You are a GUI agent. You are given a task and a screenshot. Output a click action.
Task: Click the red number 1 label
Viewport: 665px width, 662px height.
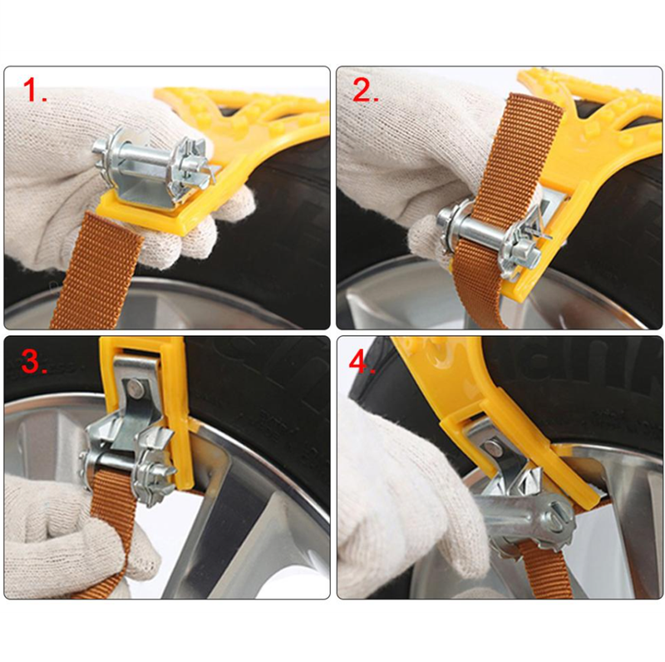click(x=35, y=91)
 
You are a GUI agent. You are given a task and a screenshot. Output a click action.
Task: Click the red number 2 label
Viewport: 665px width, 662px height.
click(x=365, y=91)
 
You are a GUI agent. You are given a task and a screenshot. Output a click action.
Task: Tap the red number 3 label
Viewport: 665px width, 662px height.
click(x=34, y=361)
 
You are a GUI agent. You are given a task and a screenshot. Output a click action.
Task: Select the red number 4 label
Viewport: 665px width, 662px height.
click(x=362, y=362)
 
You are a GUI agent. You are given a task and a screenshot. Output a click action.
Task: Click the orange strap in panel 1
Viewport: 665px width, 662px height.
click(x=97, y=272)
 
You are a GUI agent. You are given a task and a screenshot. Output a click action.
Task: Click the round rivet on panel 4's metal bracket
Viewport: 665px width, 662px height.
click(x=491, y=447)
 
